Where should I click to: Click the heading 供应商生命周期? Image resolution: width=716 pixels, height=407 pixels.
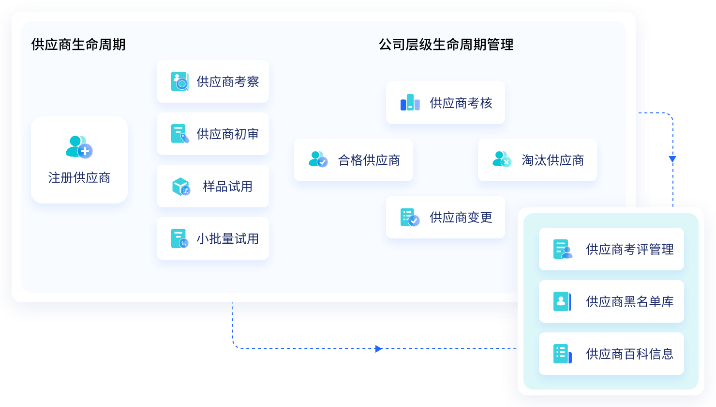tap(78, 45)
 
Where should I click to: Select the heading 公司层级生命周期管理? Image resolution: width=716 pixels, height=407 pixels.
tap(446, 45)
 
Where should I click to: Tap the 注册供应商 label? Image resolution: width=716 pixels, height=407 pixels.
tap(79, 178)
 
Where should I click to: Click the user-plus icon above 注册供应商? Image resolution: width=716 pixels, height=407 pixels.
tap(79, 146)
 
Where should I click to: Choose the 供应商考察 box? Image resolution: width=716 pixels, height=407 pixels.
tap(213, 81)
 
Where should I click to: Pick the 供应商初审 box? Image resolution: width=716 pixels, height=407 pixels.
tap(213, 134)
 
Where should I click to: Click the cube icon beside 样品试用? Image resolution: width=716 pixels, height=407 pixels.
tap(181, 187)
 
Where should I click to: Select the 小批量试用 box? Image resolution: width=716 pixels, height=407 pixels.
tap(213, 238)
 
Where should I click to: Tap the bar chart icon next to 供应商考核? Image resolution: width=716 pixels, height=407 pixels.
tap(410, 103)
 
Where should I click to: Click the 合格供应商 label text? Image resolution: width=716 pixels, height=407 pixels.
tap(369, 160)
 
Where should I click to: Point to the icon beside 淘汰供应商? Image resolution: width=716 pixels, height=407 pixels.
tap(502, 159)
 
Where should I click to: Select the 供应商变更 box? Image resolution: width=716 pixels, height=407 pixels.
tap(445, 217)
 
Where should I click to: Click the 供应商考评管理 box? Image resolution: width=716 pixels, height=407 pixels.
tap(611, 249)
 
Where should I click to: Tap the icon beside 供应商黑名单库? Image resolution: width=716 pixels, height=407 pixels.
tap(562, 301)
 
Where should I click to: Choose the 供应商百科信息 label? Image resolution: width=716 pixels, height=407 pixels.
tap(629, 354)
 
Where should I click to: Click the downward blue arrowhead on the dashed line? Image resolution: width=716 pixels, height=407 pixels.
tap(672, 159)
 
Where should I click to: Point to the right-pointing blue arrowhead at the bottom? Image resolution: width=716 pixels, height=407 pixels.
tap(379, 348)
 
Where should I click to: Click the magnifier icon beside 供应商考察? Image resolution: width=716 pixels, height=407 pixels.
tap(180, 82)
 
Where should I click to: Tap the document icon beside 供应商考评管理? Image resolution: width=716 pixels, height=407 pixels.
tap(563, 249)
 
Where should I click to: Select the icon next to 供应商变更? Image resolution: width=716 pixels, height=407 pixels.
tap(410, 218)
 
